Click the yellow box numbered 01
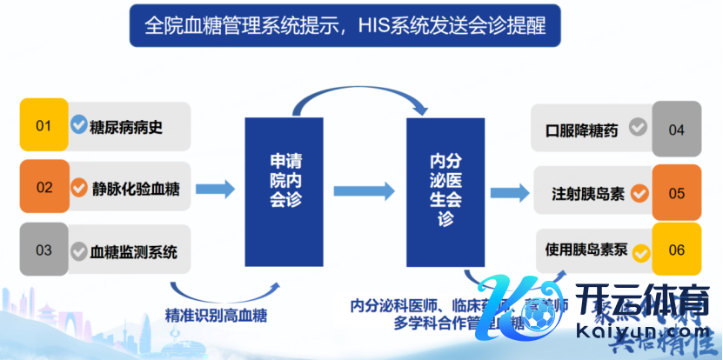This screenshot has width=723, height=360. click(x=44, y=126)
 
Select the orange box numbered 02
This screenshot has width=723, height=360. click(x=44, y=187)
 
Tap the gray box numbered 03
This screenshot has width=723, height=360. click(x=44, y=250)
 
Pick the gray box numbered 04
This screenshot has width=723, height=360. click(x=676, y=130)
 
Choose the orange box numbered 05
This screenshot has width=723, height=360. click(x=676, y=192)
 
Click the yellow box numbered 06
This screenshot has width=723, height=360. click(x=676, y=250)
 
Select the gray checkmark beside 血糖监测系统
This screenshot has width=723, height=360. click(x=79, y=250)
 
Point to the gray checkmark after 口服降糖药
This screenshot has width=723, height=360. click(x=638, y=129)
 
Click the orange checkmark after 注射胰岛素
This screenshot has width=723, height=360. click(x=640, y=192)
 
